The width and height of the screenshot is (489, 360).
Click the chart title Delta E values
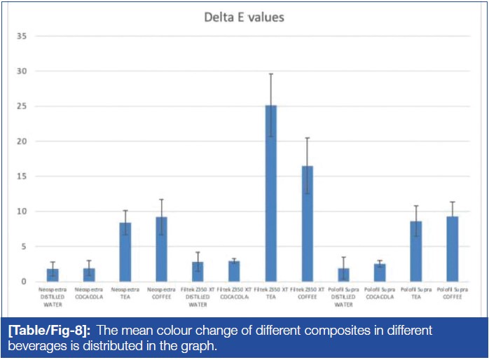[x=244, y=17]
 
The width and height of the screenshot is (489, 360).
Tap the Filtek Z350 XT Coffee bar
[x=307, y=223]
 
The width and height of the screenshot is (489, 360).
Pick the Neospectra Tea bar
[x=125, y=252]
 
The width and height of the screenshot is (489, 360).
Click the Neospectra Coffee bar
[x=161, y=249]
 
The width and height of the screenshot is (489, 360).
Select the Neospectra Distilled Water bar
[x=53, y=275]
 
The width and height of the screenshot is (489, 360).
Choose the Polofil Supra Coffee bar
[x=453, y=249]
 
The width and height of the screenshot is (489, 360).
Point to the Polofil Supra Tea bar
[x=416, y=251]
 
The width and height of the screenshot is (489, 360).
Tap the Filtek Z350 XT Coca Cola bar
[x=234, y=272]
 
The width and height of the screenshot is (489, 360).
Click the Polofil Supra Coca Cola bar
[x=380, y=273]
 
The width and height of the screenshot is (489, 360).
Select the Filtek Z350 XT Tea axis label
[x=270, y=293]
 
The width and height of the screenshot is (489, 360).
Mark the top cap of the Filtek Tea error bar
[x=270, y=74]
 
